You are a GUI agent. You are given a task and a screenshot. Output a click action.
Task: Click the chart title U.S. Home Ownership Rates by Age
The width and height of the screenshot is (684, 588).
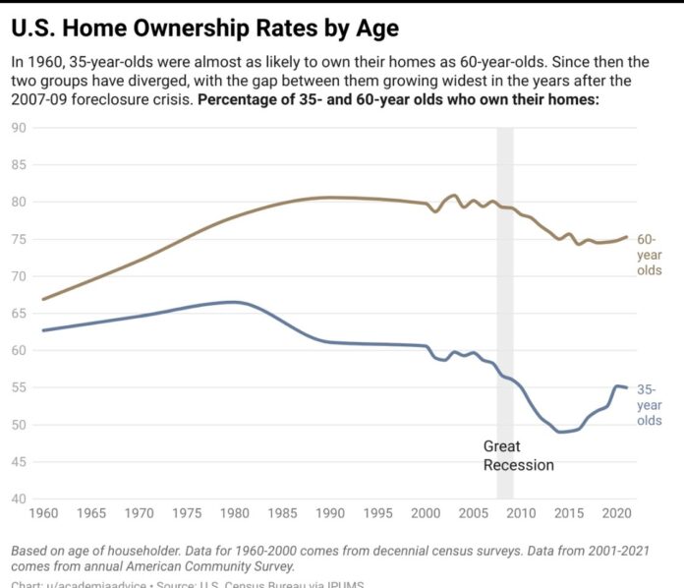(x=202, y=27)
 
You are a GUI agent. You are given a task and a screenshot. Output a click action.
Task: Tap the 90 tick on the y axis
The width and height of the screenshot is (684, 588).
(x=18, y=128)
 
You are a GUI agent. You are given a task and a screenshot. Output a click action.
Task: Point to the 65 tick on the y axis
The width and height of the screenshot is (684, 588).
(x=18, y=314)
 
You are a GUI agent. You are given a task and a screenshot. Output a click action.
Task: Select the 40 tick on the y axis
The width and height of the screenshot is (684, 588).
(x=18, y=500)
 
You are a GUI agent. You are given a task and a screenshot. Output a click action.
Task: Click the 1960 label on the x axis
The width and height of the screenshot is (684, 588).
(x=43, y=513)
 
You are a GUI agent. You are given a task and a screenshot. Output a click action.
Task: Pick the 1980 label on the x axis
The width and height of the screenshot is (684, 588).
(x=233, y=513)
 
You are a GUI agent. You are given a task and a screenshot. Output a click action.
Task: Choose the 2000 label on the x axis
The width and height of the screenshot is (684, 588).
(x=424, y=513)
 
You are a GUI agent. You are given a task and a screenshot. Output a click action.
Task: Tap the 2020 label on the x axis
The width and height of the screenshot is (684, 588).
(x=614, y=513)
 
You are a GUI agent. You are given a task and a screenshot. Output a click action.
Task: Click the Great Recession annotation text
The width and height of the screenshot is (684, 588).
(x=518, y=455)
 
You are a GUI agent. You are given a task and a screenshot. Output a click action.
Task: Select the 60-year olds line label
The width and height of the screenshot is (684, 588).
(x=649, y=255)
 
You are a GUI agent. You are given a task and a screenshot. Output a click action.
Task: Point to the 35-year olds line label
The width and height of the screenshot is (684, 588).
(x=649, y=404)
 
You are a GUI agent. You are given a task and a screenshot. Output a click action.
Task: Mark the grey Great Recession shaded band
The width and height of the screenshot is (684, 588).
(x=505, y=295)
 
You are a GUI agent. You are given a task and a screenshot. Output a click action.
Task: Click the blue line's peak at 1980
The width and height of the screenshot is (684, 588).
(x=233, y=302)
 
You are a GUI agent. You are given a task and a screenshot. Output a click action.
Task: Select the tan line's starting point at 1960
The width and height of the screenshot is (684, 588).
(x=43, y=299)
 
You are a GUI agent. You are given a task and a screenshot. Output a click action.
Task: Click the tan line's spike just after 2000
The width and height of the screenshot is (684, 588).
(x=453, y=195)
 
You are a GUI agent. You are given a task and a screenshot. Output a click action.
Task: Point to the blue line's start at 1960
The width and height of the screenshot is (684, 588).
(x=43, y=330)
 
